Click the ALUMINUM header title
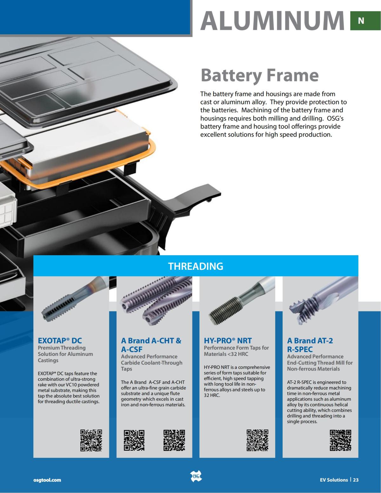(x=272, y=20)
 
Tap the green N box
(x=361, y=21)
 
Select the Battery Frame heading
(x=259, y=75)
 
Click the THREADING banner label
(x=196, y=266)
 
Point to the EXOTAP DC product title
(x=60, y=341)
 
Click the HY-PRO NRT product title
(x=228, y=341)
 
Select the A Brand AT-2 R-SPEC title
(x=310, y=345)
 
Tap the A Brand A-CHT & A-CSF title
(x=151, y=345)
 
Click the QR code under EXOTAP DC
(x=91, y=440)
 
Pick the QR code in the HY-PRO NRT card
(x=257, y=440)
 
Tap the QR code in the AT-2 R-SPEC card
(x=340, y=440)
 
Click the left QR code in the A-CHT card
(x=134, y=440)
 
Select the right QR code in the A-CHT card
(x=174, y=440)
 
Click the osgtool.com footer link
(x=47, y=480)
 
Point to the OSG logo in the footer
(x=196, y=476)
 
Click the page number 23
(x=356, y=480)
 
